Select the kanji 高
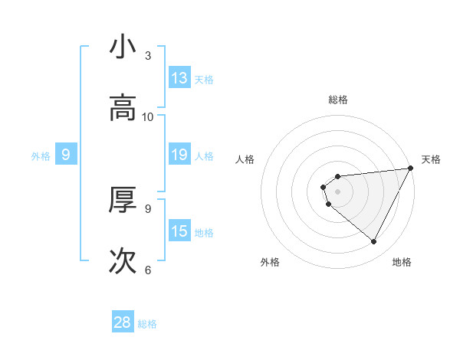click(123, 109)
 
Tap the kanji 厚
click(123, 201)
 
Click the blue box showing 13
click(179, 78)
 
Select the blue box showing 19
click(179, 155)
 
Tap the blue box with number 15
click(179, 231)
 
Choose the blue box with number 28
click(123, 322)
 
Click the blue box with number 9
click(66, 155)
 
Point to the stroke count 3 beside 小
click(148, 56)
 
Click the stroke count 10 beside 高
click(148, 117)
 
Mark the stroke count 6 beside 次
click(148, 270)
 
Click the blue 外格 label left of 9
click(41, 156)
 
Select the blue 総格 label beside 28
click(147, 324)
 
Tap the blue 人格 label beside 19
click(204, 156)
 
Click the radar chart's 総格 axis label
click(338, 100)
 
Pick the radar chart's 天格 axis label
click(431, 159)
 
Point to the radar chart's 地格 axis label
click(402, 262)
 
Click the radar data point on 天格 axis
click(412, 169)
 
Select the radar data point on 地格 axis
click(374, 242)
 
